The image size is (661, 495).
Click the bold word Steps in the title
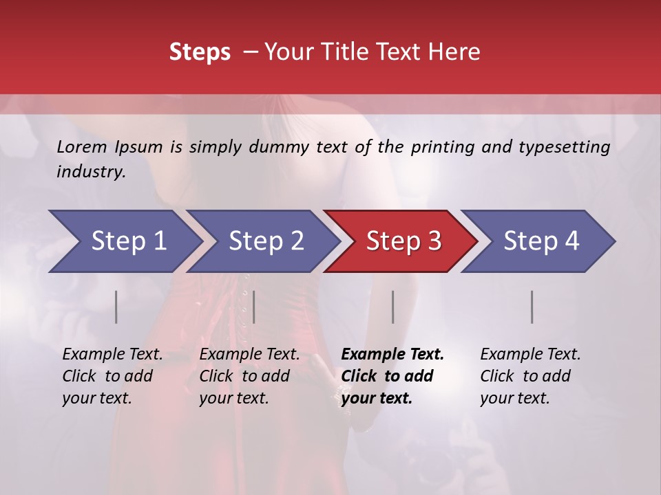coord(200,52)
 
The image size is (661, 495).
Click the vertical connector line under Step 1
coord(116,307)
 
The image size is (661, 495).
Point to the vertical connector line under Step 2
coord(254,307)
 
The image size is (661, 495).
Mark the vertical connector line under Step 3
coord(393,307)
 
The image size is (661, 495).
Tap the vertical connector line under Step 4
coord(532,307)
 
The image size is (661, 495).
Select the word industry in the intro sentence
coord(91,172)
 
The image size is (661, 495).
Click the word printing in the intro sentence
coord(441,146)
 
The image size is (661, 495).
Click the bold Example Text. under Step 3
coord(392,354)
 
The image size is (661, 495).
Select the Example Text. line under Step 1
coord(112,354)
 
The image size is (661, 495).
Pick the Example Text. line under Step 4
coord(530,354)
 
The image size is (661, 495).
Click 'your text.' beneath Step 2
coord(233,398)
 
